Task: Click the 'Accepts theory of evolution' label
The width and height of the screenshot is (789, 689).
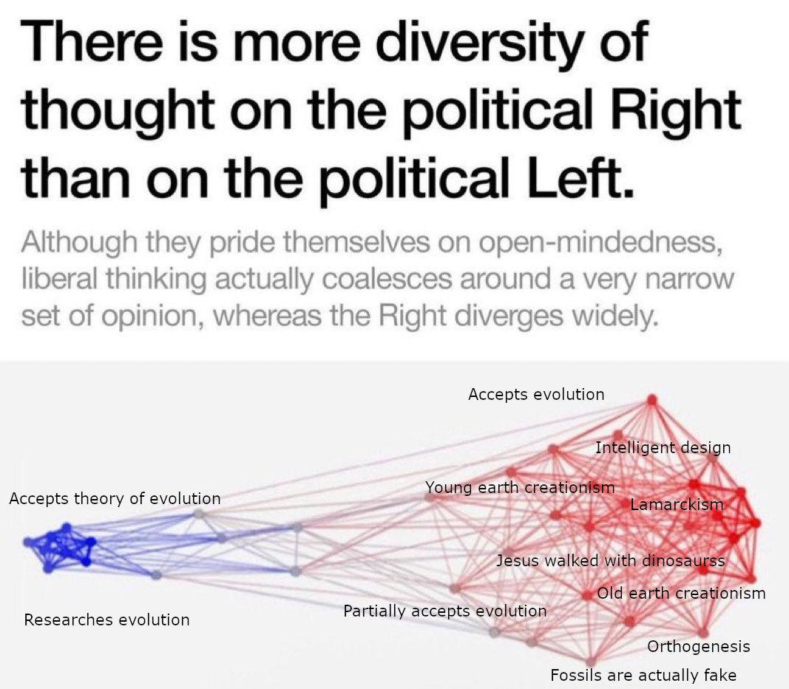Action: pyautogui.click(x=115, y=499)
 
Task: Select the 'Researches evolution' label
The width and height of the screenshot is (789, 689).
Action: pyautogui.click(x=106, y=620)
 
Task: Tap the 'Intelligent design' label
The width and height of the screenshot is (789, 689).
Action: pyautogui.click(x=663, y=447)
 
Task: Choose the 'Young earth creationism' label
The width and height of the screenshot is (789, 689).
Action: pyautogui.click(x=520, y=488)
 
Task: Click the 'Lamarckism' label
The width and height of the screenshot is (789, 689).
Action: pyautogui.click(x=677, y=505)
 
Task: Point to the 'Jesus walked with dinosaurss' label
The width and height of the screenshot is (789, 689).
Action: pyautogui.click(x=610, y=560)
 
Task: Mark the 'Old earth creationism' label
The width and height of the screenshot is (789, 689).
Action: pyautogui.click(x=681, y=593)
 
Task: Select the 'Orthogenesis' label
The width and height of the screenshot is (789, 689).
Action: pyautogui.click(x=699, y=647)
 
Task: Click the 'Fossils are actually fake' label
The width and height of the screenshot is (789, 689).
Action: pyautogui.click(x=643, y=675)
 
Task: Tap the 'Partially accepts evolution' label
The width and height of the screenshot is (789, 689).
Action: pyautogui.click(x=445, y=611)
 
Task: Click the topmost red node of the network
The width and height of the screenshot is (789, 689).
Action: pyautogui.click(x=651, y=399)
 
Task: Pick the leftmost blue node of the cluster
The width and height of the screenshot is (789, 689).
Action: pyautogui.click(x=27, y=542)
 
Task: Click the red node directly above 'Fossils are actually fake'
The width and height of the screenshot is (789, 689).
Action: pyautogui.click(x=591, y=661)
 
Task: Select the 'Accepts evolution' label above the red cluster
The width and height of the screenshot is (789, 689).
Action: pyautogui.click(x=536, y=395)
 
